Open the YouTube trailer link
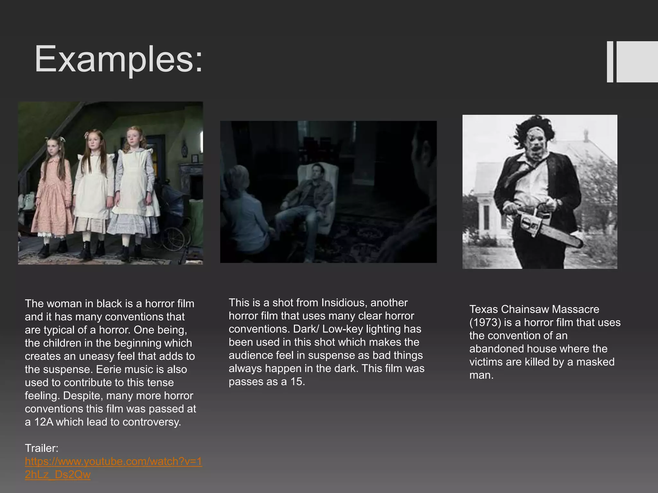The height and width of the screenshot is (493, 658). click(x=113, y=468)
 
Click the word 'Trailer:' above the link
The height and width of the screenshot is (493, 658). click(x=42, y=448)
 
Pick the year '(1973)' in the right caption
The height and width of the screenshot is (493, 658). click(x=485, y=322)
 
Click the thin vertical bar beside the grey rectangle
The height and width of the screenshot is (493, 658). click(x=610, y=62)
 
